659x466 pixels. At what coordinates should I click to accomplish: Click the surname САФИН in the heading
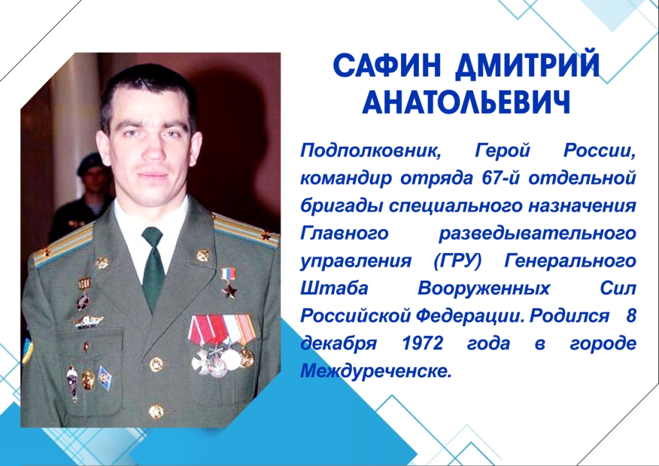[387, 65]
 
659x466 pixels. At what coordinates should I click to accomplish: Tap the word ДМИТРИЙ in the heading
[528, 66]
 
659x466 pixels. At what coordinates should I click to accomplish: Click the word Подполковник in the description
[371, 150]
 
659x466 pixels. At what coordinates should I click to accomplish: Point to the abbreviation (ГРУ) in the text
[457, 261]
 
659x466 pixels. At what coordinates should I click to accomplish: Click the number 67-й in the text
[500, 178]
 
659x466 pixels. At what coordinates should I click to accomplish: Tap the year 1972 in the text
[422, 343]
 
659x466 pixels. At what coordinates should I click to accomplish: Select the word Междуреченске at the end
[376, 371]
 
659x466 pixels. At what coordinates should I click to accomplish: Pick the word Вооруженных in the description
[484, 289]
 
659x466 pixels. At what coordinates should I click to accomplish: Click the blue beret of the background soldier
[90, 163]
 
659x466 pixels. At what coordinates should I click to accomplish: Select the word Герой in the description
[502, 150]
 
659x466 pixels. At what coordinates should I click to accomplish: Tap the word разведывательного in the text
[537, 233]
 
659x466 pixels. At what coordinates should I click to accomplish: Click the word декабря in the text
[339, 344]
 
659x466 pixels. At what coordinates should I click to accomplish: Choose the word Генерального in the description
[570, 261]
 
